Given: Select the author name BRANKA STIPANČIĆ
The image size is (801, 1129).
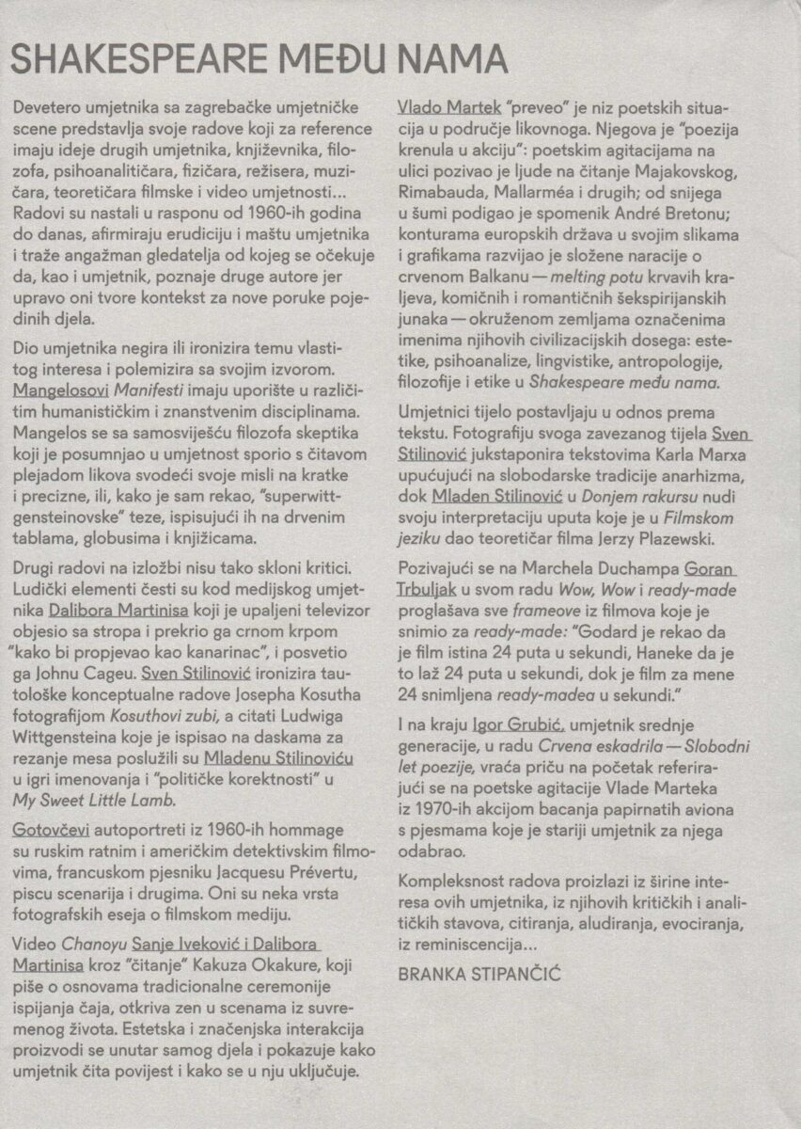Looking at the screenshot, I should pyautogui.click(x=479, y=974).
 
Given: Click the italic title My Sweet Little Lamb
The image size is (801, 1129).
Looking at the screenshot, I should pyautogui.click(x=94, y=801).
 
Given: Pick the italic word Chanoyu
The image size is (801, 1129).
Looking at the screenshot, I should pyautogui.click(x=95, y=945).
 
